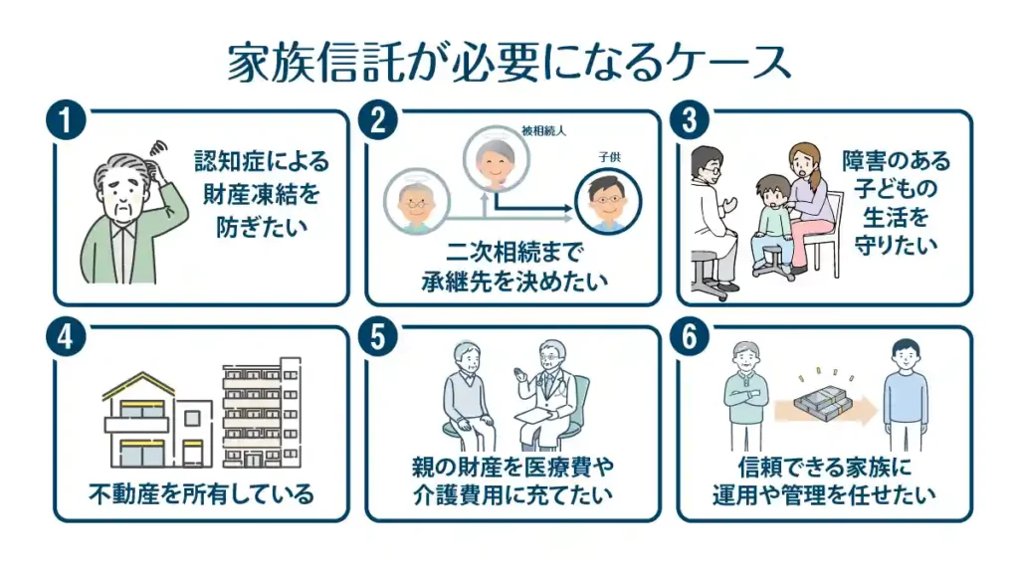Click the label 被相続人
pyautogui.click(x=543, y=131)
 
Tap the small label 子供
pyautogui.click(x=609, y=157)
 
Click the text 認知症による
pyautogui.click(x=262, y=160)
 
